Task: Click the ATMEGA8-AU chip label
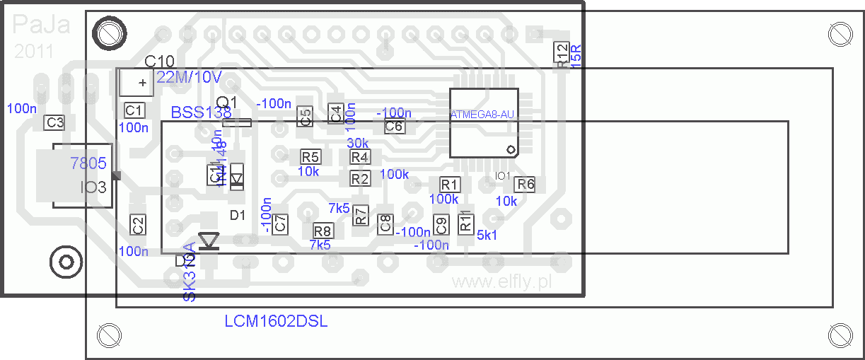pyautogui.click(x=482, y=114)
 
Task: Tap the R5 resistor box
pyautogui.click(x=310, y=157)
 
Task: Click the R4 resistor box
pyautogui.click(x=360, y=157)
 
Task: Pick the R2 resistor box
pyautogui.click(x=360, y=179)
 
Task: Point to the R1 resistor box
pyautogui.click(x=450, y=185)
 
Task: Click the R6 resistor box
pyautogui.click(x=525, y=185)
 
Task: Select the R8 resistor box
pyautogui.click(x=323, y=231)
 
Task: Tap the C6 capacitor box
pyautogui.click(x=394, y=127)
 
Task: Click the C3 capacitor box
pyautogui.click(x=55, y=122)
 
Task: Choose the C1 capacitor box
pyautogui.click(x=134, y=110)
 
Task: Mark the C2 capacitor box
pyautogui.click(x=138, y=226)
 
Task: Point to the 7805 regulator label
pyautogui.click(x=88, y=164)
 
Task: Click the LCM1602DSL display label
pyautogui.click(x=276, y=322)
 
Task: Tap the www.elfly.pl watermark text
pyautogui.click(x=501, y=282)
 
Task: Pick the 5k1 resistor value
pyautogui.click(x=487, y=236)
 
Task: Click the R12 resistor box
pyautogui.click(x=562, y=53)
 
